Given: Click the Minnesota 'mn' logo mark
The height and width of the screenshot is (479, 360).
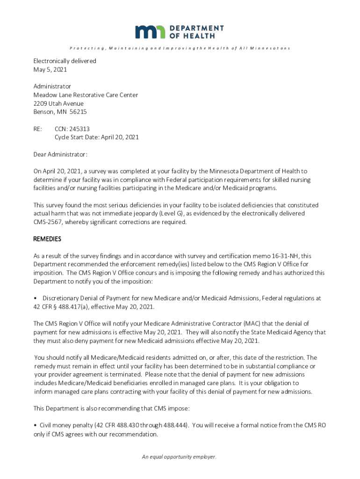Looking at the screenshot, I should [151, 32].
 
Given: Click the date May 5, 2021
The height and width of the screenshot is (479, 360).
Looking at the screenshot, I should [50, 70].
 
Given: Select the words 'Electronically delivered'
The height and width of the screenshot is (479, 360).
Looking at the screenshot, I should [65, 61].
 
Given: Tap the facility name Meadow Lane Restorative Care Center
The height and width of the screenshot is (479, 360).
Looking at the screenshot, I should [86, 95].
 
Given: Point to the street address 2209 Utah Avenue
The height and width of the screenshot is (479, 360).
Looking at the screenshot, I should [58, 103].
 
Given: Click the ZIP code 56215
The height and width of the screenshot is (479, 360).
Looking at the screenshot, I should [78, 112].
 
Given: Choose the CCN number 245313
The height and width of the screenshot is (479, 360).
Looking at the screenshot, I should [79, 129].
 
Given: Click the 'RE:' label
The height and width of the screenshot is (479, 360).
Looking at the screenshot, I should [38, 129].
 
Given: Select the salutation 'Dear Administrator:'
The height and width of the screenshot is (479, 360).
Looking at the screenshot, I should [60, 154].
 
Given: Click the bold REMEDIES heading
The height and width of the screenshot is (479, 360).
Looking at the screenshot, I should [47, 239].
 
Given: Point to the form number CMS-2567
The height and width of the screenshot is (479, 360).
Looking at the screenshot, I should [50, 222].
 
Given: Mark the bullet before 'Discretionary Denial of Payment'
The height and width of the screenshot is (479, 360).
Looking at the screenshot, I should [35, 298].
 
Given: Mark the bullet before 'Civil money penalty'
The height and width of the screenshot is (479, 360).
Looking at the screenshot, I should [35, 426].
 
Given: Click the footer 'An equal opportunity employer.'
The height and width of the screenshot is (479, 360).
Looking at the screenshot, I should [180, 457].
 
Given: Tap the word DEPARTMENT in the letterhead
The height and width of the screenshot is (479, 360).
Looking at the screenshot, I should [197, 28].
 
